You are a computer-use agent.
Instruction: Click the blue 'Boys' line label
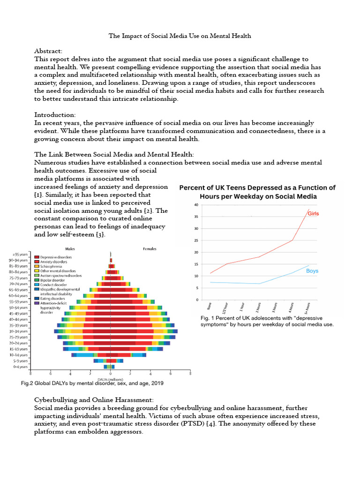pos(312,271)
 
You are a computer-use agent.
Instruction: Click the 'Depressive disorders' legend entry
pos(56,257)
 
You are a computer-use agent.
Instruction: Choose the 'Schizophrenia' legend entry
pos(52,266)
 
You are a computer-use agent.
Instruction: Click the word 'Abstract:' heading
pos(48,51)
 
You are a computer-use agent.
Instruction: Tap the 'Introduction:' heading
pos(54,114)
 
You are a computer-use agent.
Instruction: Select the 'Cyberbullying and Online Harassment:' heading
pos(94,400)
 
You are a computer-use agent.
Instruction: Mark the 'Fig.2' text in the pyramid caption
pos(29,383)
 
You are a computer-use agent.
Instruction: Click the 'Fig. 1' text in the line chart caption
pos(207,319)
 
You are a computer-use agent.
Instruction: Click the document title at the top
pos(180,36)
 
